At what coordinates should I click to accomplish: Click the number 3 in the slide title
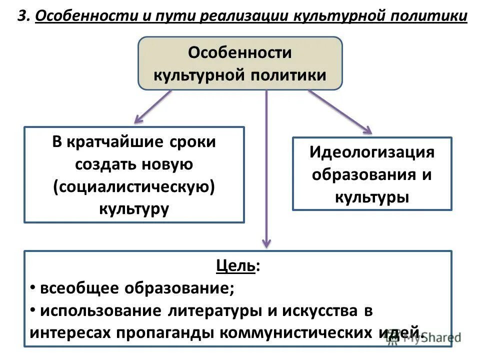[21, 16]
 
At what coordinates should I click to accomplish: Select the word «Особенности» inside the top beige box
[239, 52]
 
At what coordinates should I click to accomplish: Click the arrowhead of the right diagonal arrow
[368, 131]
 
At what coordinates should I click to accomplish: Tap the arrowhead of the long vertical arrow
[267, 243]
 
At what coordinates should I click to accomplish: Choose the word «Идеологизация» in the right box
[371, 152]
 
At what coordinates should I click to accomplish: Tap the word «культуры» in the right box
[371, 197]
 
